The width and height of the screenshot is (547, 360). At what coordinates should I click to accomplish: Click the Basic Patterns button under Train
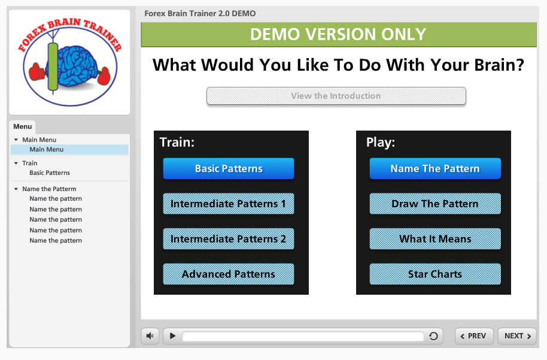pyautogui.click(x=229, y=169)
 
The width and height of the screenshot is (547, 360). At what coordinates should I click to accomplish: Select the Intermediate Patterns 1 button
pyautogui.click(x=229, y=204)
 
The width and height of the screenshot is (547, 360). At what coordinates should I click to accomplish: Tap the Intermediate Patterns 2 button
pyautogui.click(x=229, y=239)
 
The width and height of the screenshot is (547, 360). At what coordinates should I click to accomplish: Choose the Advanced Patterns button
pyautogui.click(x=229, y=274)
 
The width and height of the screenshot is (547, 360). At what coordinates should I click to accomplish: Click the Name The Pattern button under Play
pyautogui.click(x=435, y=169)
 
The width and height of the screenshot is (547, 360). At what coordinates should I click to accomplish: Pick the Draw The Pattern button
pyautogui.click(x=435, y=204)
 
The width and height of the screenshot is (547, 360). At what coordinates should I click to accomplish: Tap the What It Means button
pyautogui.click(x=435, y=239)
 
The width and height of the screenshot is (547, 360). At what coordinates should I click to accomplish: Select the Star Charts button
pyautogui.click(x=435, y=274)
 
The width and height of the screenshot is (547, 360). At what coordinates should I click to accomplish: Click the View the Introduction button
pyautogui.click(x=336, y=96)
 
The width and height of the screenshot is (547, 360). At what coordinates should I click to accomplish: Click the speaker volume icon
pyautogui.click(x=150, y=336)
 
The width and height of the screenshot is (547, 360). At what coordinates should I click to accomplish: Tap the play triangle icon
pyautogui.click(x=172, y=336)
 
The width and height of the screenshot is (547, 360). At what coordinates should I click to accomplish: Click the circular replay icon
pyautogui.click(x=433, y=336)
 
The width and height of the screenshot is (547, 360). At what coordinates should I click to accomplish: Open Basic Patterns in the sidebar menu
pyautogui.click(x=50, y=173)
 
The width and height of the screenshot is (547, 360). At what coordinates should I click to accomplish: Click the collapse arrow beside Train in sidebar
pyautogui.click(x=16, y=163)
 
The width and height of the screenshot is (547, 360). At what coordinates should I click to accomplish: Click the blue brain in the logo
pyautogui.click(x=77, y=66)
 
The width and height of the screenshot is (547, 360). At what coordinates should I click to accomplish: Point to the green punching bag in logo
pyautogui.click(x=53, y=66)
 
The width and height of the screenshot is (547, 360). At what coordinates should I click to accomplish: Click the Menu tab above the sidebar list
pyautogui.click(x=23, y=126)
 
